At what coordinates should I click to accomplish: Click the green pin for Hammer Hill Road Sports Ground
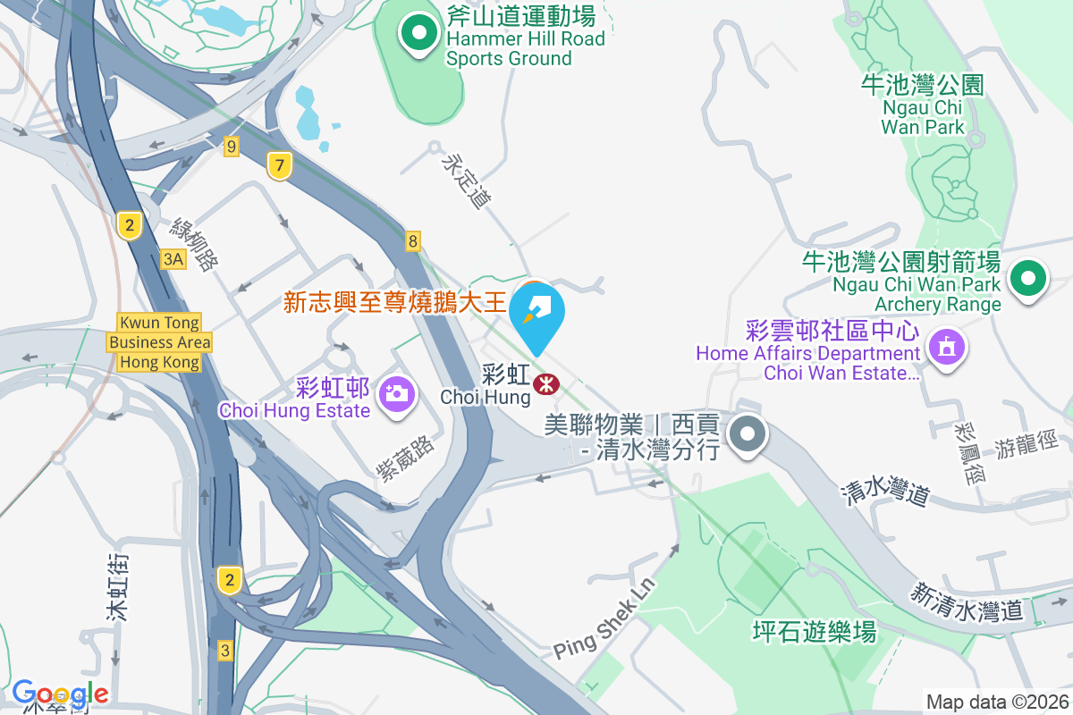(x=418, y=34)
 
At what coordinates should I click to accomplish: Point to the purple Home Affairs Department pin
(x=946, y=345)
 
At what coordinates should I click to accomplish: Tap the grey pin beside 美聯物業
(x=747, y=435)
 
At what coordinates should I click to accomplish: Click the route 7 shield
(x=280, y=165)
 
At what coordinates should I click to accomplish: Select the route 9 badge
(x=232, y=147)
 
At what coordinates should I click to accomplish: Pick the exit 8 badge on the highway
(x=412, y=240)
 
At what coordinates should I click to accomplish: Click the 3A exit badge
(x=173, y=259)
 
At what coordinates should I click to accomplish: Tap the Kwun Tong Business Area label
(x=159, y=342)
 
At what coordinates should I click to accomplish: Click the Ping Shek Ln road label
(x=604, y=618)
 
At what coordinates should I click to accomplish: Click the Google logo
(x=61, y=694)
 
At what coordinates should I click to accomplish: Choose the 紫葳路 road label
(x=406, y=459)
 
